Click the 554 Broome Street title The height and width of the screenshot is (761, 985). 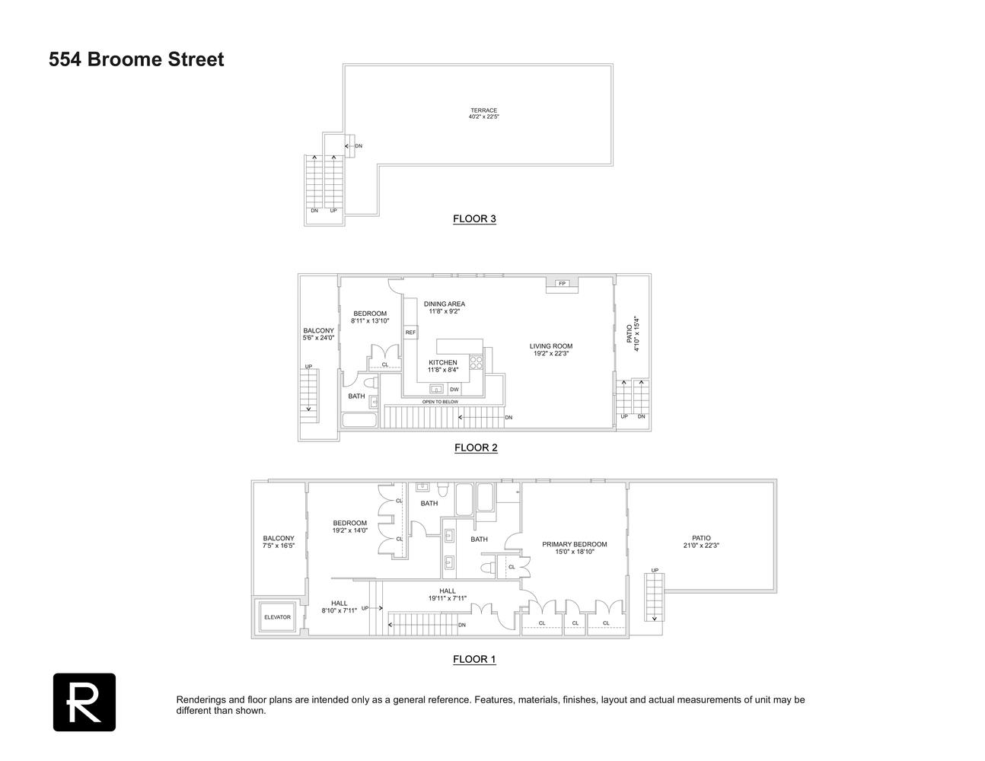136,59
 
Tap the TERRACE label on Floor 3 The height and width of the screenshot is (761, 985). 483,110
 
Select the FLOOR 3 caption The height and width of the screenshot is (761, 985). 474,219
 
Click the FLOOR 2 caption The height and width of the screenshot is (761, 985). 476,447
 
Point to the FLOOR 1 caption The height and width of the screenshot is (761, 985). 474,659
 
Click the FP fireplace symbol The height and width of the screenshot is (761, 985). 563,283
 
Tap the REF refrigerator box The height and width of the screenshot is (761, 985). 410,333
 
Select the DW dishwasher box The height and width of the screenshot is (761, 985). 454,390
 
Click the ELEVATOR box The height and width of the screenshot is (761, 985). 277,617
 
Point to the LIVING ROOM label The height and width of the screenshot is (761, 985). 551,346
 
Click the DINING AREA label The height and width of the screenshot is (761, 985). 445,304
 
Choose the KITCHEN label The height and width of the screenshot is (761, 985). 443,362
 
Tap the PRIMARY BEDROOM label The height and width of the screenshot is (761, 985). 575,544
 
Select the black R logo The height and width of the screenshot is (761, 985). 84,702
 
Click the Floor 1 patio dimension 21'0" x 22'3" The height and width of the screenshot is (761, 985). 701,546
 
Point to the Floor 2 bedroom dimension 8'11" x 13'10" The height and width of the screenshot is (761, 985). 370,321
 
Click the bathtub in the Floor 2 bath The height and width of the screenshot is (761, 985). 359,419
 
